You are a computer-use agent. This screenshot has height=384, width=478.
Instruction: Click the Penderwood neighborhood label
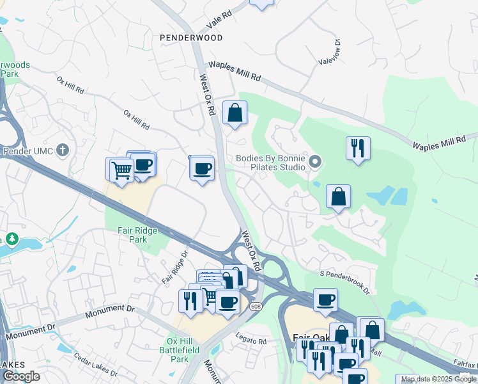[192, 38]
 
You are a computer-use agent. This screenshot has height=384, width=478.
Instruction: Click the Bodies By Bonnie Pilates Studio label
[271, 163]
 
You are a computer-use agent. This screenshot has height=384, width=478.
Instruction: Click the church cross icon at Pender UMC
[61, 151]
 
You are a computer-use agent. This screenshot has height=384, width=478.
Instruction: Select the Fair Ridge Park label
[132, 235]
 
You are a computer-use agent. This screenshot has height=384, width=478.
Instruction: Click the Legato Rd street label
[251, 341]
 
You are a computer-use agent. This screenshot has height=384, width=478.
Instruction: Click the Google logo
[21, 376]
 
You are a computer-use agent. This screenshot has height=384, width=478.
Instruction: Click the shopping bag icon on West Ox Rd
[235, 113]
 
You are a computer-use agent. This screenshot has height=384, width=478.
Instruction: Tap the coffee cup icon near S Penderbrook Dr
[325, 300]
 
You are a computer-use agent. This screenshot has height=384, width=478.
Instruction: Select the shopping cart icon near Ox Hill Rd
[120, 170]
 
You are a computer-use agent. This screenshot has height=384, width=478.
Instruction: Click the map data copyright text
[438, 379]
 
